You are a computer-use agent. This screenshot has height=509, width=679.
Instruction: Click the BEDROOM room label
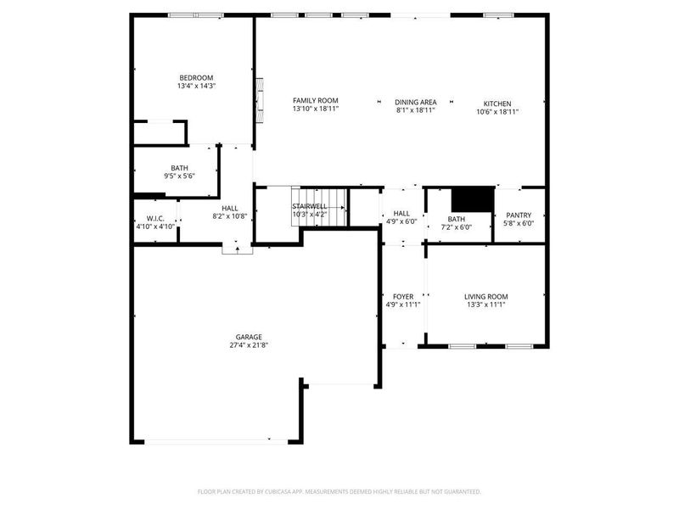pyautogui.click(x=196, y=77)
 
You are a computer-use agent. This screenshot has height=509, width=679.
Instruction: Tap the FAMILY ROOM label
pyautogui.click(x=315, y=100)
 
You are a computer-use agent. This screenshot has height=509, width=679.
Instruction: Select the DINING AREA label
pyautogui.click(x=415, y=101)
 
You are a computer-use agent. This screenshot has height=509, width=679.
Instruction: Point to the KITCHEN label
pyautogui.click(x=497, y=103)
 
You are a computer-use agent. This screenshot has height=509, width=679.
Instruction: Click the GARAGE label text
pyautogui.click(x=249, y=336)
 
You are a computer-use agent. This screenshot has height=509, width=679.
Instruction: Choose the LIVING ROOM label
pyautogui.click(x=486, y=296)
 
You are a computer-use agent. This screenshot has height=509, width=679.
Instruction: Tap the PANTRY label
pyautogui.click(x=518, y=215)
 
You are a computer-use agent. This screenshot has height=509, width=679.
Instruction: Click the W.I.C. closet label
pyautogui.click(x=154, y=218)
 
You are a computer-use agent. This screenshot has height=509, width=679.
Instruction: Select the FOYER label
pyautogui.click(x=403, y=296)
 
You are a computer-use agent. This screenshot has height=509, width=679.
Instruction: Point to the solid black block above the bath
pyautogui.click(x=472, y=199)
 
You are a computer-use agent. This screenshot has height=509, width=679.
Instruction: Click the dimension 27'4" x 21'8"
pyautogui.click(x=249, y=345)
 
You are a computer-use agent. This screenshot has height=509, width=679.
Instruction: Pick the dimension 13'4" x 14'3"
pyautogui.click(x=196, y=87)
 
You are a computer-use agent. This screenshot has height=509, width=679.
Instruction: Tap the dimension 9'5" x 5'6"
pyautogui.click(x=179, y=176)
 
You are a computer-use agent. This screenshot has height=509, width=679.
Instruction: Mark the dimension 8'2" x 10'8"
pyautogui.click(x=230, y=217)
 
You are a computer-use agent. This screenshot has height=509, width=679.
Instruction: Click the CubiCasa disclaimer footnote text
pyautogui.click(x=339, y=491)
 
